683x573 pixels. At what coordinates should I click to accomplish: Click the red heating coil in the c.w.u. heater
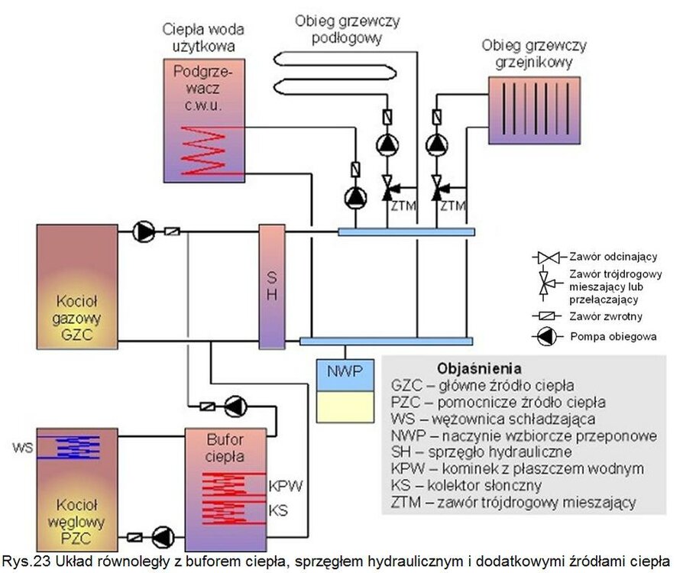pyautogui.click(x=207, y=153)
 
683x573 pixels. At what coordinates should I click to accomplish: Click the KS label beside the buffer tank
pyautogui.click(x=279, y=509)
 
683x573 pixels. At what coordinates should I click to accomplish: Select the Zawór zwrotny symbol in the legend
pyautogui.click(x=546, y=316)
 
